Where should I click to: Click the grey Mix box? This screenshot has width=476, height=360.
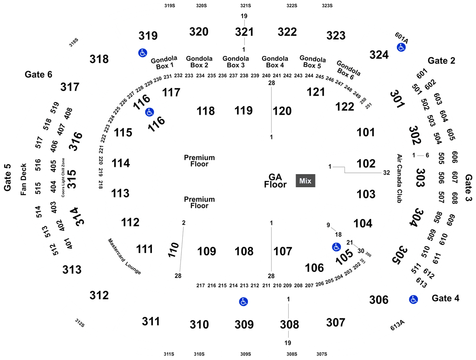(x=306, y=180)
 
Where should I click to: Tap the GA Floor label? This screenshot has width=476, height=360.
(x=275, y=180)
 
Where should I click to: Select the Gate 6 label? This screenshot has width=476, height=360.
(x=38, y=74)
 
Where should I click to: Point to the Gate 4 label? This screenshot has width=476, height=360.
(x=445, y=298)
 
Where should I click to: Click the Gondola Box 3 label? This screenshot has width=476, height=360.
(x=236, y=62)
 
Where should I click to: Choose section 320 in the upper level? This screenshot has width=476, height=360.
(x=199, y=32)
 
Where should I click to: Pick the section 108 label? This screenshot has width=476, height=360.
(x=244, y=251)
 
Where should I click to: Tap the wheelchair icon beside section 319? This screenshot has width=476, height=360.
(x=143, y=53)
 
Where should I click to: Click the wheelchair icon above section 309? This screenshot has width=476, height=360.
(x=243, y=302)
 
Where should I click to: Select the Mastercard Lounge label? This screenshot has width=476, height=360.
(x=125, y=257)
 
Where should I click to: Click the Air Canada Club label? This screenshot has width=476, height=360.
(x=399, y=179)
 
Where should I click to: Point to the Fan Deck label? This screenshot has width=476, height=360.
(x=24, y=180)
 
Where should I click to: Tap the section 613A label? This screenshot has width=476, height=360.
(x=398, y=325)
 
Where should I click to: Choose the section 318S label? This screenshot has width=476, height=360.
(x=73, y=42)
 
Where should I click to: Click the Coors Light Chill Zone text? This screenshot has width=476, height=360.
(x=63, y=178)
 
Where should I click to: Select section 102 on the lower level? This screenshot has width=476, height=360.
(x=366, y=164)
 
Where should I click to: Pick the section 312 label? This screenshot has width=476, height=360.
(x=99, y=295)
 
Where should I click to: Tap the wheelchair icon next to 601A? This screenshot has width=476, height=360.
(x=401, y=47)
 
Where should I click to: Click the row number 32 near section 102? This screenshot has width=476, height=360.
(x=386, y=173)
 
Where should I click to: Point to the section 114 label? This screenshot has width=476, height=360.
(x=121, y=163)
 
